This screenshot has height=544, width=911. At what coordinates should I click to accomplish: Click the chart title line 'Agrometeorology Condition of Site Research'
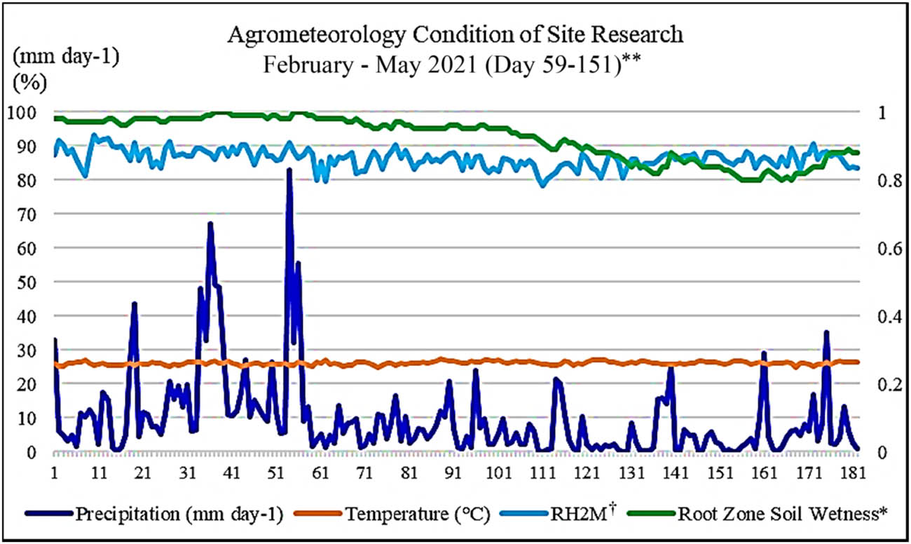[455, 35]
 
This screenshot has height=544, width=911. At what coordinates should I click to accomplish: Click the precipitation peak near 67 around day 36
[210, 224]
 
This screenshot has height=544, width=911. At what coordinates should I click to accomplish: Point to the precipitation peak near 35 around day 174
[826, 333]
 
